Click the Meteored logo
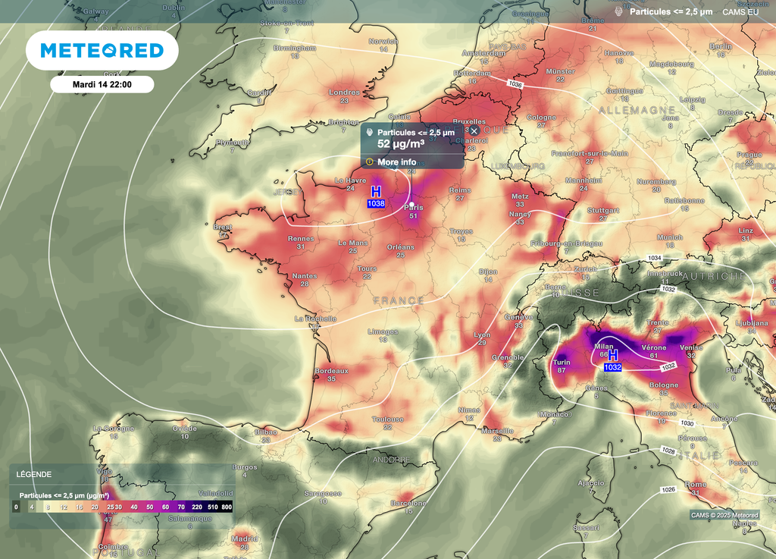pyautogui.click(x=102, y=51)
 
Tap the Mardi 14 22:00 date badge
pyautogui.click(x=102, y=84)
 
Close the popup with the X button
pyautogui.click(x=474, y=131)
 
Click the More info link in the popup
pyautogui.click(x=396, y=162)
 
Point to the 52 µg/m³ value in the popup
pyautogui.click(x=400, y=143)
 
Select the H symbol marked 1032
pyautogui.click(x=612, y=355)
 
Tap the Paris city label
pyautogui.click(x=414, y=206)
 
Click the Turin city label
pyautogui.click(x=562, y=363)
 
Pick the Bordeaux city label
pyautogui.click(x=331, y=371)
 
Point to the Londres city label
pyautogui.click(x=344, y=93)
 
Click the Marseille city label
pyautogui.click(x=496, y=431)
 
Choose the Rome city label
pyautogui.click(x=695, y=484)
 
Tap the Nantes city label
pyautogui.click(x=305, y=276)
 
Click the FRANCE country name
pyautogui.click(x=399, y=300)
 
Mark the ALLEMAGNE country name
pyautogui.click(x=636, y=110)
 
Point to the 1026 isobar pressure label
pyautogui.click(x=667, y=490)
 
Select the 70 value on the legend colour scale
pyautogui.click(x=181, y=506)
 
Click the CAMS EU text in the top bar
pyautogui.click(x=741, y=11)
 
